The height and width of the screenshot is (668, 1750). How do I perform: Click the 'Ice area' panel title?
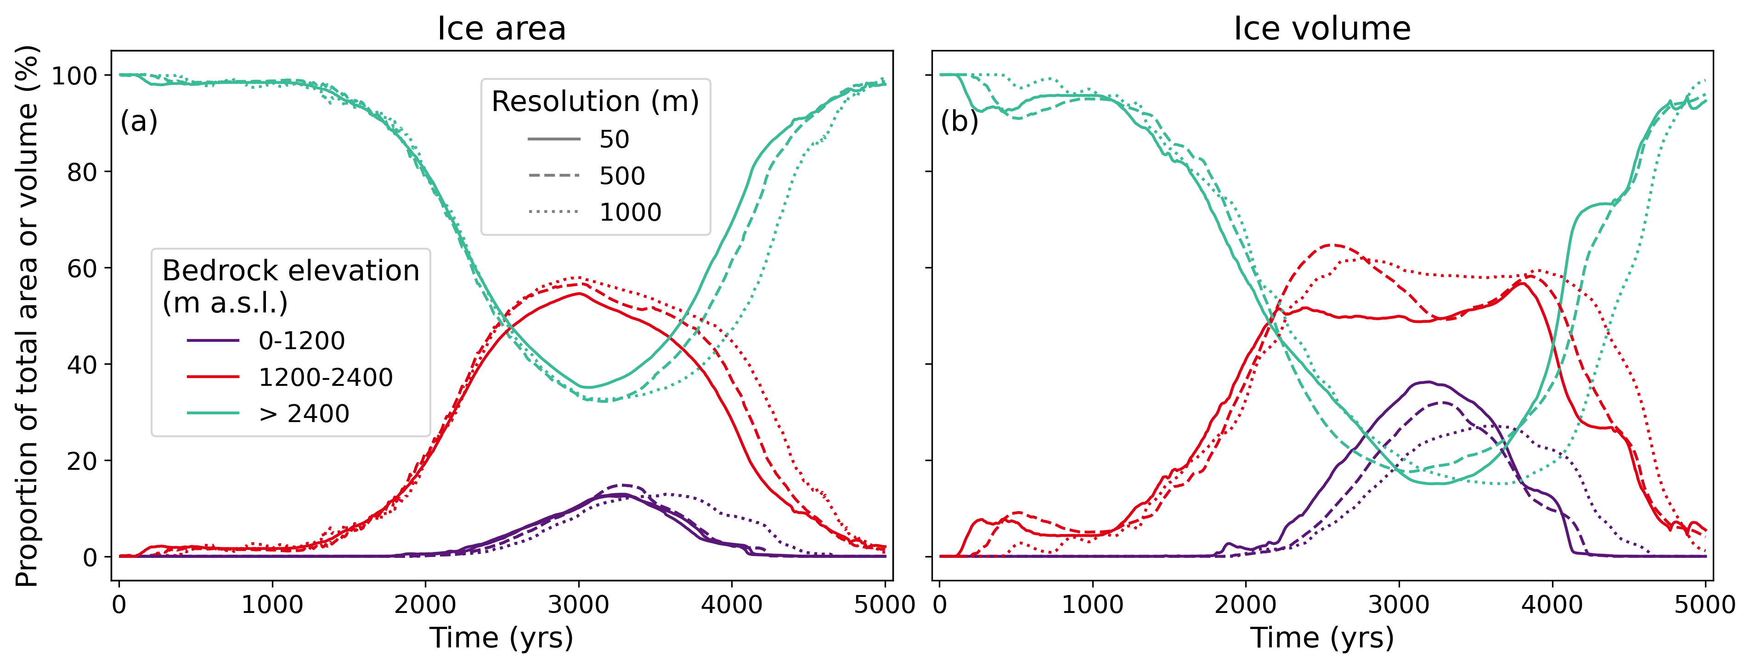[x=502, y=28]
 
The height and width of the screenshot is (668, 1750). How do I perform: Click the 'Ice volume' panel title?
[x=1322, y=28]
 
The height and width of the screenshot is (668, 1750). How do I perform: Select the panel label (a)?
[x=139, y=122]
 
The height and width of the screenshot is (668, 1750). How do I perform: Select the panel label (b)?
[x=959, y=122]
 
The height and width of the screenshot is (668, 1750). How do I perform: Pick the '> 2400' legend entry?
[x=304, y=413]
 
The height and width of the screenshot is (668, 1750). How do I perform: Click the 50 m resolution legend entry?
[x=614, y=139]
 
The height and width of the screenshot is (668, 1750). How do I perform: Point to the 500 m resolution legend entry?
[x=621, y=176]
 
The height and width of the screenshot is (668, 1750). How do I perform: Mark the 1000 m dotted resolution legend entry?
[x=630, y=212]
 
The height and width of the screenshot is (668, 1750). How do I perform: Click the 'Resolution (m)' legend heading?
[x=595, y=102]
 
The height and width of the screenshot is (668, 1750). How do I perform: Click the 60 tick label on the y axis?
[x=81, y=268]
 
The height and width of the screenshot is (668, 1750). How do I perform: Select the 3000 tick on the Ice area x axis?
[x=578, y=603]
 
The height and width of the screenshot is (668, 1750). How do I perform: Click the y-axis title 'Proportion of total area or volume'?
[x=27, y=316]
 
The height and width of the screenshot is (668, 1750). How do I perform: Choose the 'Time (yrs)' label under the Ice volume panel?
[x=1322, y=638]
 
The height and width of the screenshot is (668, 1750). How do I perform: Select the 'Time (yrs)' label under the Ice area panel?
[x=502, y=638]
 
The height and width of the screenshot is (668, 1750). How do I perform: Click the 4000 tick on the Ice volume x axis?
[x=1552, y=603]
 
